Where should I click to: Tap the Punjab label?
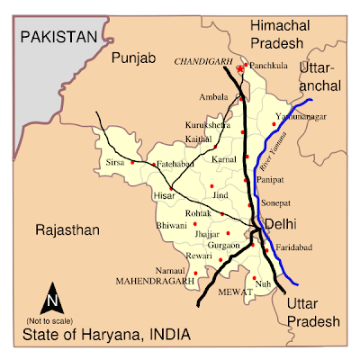[x=135, y=58]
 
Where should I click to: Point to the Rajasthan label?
[x=66, y=230]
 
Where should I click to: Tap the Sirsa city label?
[x=117, y=163]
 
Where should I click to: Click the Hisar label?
[x=164, y=194]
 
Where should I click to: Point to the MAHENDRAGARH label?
[x=155, y=281]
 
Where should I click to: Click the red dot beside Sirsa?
[x=132, y=163]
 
